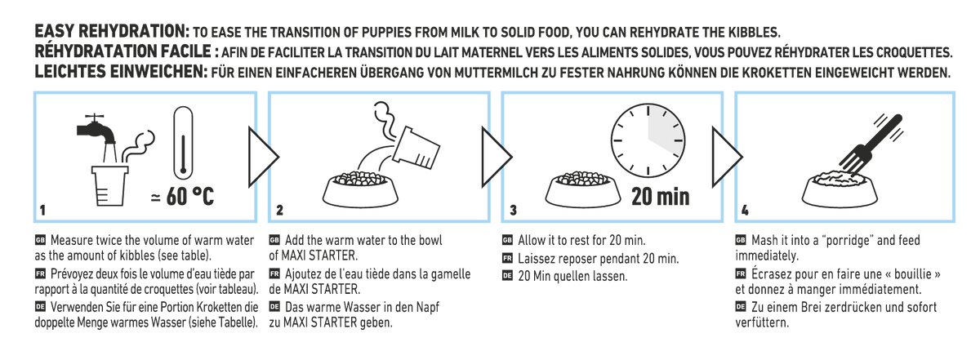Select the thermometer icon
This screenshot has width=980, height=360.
coord(180,142)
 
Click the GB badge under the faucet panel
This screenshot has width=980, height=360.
coord(39,241)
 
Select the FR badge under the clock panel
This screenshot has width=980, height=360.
coord(506,259)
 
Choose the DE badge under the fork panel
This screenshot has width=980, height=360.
coord(741,307)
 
